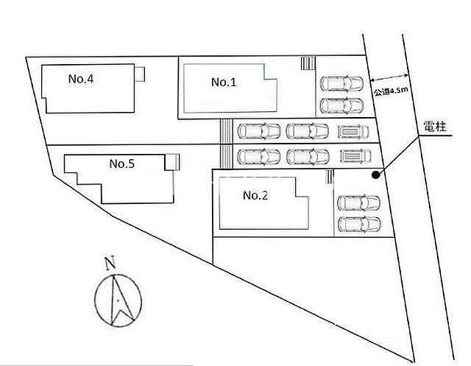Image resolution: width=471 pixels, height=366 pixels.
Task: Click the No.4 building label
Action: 81,79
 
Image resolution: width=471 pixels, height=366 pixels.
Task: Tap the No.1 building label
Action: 224,82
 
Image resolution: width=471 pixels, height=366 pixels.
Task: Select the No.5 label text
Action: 122,163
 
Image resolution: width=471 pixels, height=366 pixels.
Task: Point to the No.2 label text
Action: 255,196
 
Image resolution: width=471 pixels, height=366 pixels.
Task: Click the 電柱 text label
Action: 435,126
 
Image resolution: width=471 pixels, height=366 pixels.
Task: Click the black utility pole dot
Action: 375,175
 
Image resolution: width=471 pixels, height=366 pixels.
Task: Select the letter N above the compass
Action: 110,263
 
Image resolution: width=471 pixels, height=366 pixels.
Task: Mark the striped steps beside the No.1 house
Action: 308,63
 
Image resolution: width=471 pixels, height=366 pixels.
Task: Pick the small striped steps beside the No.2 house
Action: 329,177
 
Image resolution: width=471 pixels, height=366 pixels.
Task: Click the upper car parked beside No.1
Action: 341,83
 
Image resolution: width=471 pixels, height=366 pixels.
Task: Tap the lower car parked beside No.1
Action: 341,105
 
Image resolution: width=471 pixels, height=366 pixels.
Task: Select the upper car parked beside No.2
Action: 359,203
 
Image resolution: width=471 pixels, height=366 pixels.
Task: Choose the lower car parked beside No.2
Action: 360,225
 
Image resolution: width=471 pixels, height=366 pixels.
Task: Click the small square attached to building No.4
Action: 140,74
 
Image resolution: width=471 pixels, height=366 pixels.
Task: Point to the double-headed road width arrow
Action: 389,77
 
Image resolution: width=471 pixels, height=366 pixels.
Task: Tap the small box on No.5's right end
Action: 172,162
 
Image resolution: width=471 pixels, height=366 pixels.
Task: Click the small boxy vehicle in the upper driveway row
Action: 353,132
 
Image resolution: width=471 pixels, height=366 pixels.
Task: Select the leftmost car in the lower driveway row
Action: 259,157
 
